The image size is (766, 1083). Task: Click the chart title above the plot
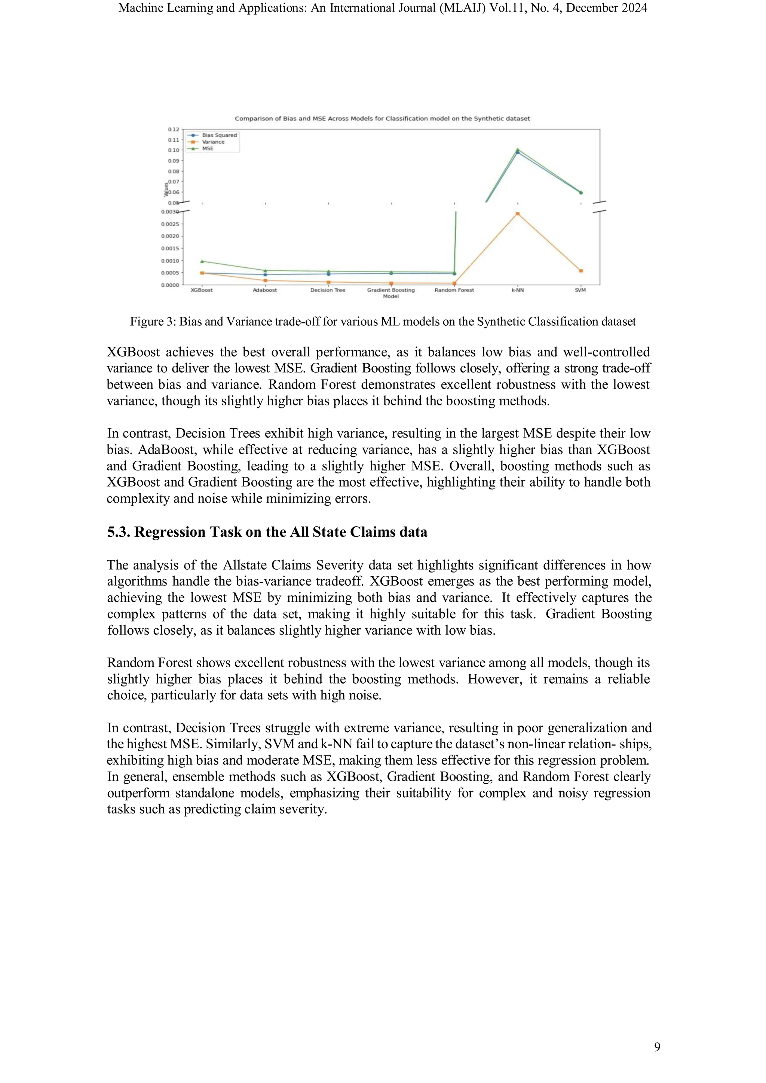(382, 119)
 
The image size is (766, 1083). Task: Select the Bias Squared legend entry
(219, 135)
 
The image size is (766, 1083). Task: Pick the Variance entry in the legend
(213, 141)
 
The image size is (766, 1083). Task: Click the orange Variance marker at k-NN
(517, 214)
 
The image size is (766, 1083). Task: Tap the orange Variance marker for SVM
(580, 271)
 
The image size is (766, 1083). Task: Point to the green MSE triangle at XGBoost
(202, 261)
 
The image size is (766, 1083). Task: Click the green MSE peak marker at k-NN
(517, 150)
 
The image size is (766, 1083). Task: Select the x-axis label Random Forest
(454, 290)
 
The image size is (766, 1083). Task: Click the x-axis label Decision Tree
(327, 290)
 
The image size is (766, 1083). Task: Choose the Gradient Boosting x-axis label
(390, 290)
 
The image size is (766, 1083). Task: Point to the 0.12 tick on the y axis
(173, 129)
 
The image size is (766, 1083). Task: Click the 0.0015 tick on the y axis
(170, 248)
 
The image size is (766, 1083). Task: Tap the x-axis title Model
(390, 296)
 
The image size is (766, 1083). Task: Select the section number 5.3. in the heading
(119, 532)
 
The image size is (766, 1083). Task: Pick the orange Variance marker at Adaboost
(265, 280)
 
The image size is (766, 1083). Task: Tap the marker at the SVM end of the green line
(580, 193)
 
